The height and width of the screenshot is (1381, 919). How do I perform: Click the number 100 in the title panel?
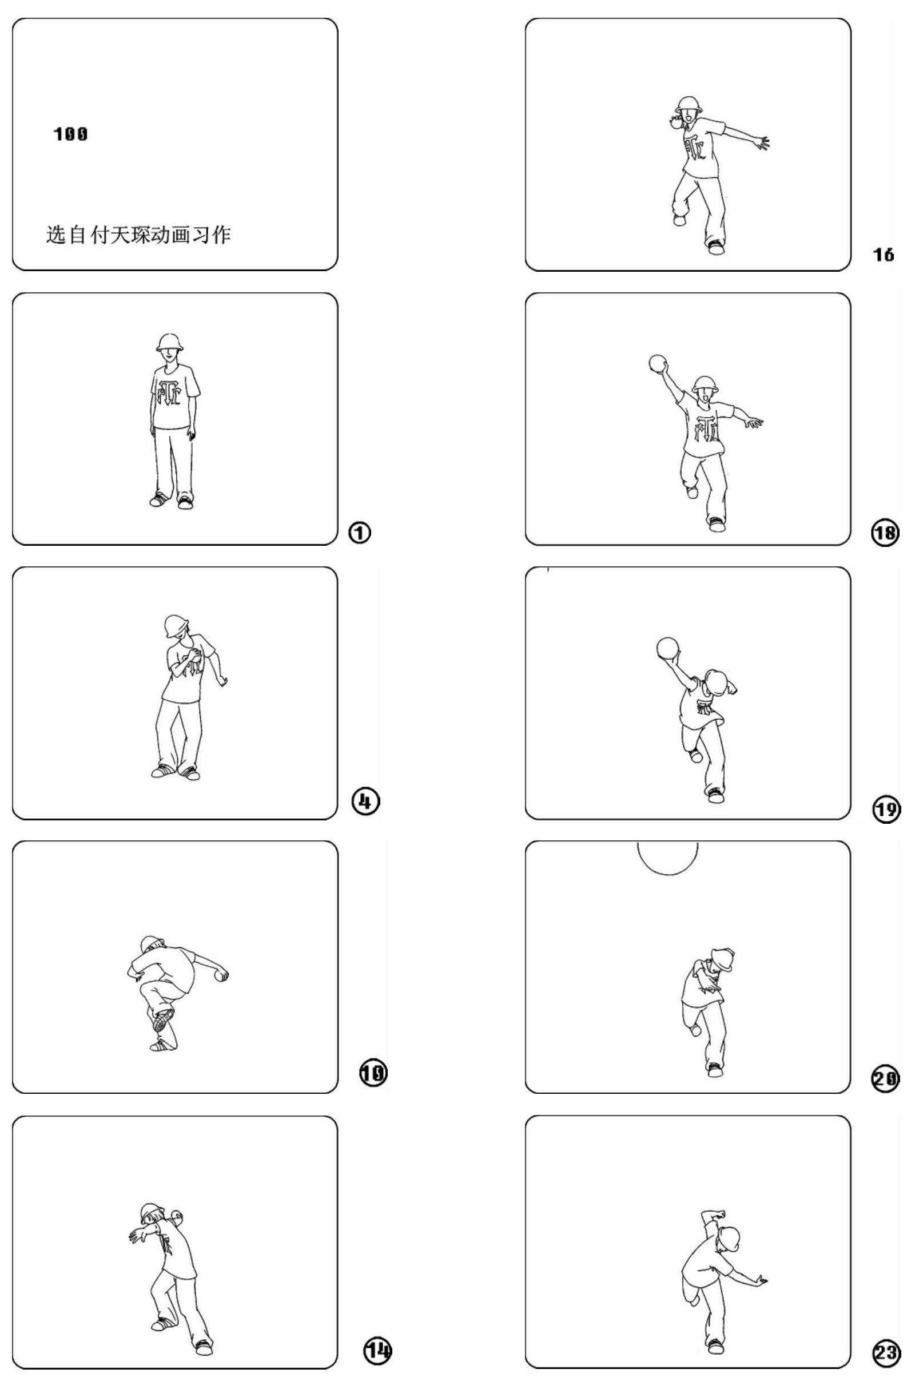tap(70, 134)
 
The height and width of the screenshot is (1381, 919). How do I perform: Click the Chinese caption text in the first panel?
tap(138, 235)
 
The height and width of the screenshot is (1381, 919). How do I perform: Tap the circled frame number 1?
tap(359, 532)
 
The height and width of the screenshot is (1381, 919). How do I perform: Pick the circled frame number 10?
tap(373, 1073)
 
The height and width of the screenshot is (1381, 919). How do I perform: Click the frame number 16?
tap(883, 255)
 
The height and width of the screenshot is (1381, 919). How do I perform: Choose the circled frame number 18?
tap(885, 532)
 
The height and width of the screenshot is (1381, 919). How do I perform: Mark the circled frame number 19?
tap(886, 809)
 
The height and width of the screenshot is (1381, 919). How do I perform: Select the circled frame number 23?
tap(886, 1352)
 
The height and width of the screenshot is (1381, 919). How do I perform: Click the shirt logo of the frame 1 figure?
tap(169, 394)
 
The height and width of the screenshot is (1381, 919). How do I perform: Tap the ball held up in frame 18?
tap(658, 363)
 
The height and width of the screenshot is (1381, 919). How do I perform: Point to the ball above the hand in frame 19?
tap(667, 648)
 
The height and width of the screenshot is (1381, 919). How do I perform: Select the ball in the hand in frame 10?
tap(222, 976)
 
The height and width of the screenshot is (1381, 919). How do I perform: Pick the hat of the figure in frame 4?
tap(176, 626)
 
